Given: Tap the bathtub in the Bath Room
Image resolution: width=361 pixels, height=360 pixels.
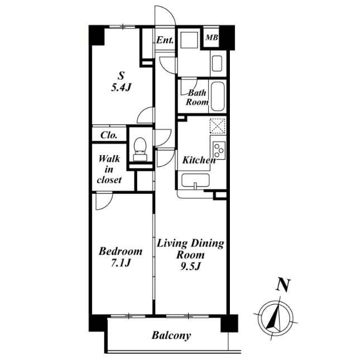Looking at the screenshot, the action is point(218,96).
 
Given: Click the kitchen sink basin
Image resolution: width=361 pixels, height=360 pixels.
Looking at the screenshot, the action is point(195,180).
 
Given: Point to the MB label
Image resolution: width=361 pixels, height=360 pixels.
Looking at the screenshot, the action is point(212,37).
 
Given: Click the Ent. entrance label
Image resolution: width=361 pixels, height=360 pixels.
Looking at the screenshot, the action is point(165,40).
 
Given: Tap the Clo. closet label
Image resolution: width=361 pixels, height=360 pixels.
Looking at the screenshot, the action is point(109,135).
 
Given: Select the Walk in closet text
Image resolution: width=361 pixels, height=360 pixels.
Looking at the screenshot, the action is point(109,169).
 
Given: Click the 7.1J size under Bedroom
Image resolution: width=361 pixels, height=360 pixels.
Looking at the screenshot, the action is point(121,263).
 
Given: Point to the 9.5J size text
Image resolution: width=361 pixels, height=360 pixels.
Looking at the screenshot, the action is point(190,266).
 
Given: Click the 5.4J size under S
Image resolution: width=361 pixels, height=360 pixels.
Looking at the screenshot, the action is point(121,88).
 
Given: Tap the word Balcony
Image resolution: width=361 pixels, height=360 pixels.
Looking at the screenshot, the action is point(171,335).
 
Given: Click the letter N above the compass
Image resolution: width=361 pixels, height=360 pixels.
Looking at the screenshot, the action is point(283,285).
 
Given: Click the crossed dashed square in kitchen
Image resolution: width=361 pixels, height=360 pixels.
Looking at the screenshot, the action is point(218,126).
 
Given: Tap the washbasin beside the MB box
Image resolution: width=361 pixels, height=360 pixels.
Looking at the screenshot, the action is point(217,63).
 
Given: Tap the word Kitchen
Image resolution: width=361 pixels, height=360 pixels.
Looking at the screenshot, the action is point(199,160).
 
